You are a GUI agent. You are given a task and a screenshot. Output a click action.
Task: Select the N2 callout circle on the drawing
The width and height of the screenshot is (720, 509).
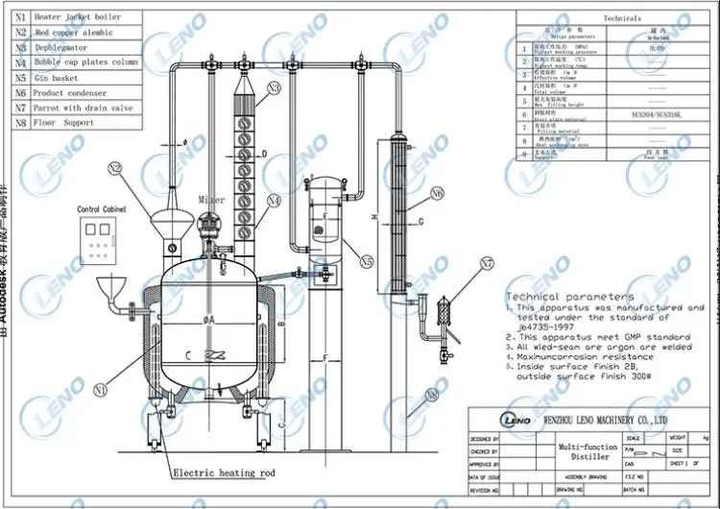click(115, 169)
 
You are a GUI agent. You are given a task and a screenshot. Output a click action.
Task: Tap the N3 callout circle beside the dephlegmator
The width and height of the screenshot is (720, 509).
click(275, 88)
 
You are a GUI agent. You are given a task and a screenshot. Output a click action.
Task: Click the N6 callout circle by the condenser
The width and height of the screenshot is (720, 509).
click(438, 193)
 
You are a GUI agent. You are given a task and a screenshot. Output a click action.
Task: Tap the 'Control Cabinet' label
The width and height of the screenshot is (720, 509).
click(104, 208)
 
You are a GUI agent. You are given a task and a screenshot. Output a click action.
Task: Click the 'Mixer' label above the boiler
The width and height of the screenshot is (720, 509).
click(211, 200)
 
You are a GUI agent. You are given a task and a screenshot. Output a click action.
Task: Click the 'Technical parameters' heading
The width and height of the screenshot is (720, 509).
click(569, 297)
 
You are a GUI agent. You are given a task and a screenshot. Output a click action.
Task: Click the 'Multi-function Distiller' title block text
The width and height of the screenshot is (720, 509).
click(591, 452)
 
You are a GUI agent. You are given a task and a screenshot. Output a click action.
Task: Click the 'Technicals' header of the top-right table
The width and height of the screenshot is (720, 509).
click(622, 18)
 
